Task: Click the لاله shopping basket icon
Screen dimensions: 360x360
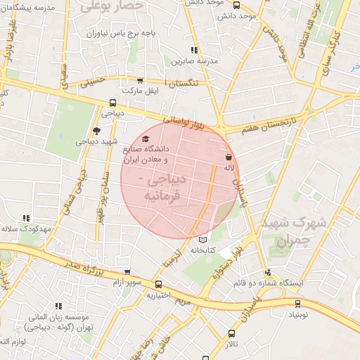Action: click(x=229, y=157)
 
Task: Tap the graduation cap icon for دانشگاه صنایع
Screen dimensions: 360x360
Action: click(x=146, y=139)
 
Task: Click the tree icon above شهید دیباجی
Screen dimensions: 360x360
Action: click(x=96, y=130)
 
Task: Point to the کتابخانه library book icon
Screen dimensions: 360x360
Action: click(x=203, y=239)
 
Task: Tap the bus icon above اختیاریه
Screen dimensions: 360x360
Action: click(x=159, y=285)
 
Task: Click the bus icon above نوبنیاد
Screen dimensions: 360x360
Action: click(x=297, y=304)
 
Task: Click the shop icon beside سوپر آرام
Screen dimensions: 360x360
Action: click(x=127, y=272)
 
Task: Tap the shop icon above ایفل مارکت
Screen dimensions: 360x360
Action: click(x=139, y=81)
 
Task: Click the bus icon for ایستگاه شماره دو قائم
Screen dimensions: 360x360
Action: click(x=267, y=273)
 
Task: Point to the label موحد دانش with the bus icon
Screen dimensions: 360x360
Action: click(x=237, y=15)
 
